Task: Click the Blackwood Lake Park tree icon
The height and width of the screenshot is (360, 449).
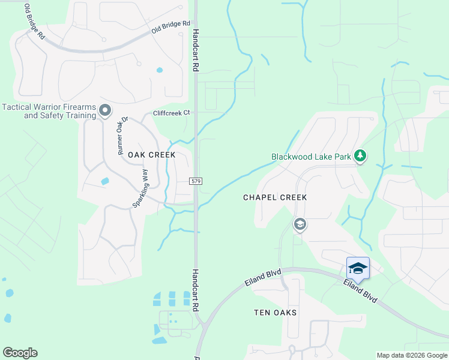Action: point(360,156)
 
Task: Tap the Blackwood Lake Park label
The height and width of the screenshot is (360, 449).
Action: point(311,157)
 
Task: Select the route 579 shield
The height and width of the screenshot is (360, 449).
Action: point(196,181)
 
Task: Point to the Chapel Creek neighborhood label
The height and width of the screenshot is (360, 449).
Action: point(275,197)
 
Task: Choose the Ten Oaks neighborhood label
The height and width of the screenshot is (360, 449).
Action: point(276,313)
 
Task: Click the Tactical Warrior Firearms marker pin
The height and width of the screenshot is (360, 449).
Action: point(105,110)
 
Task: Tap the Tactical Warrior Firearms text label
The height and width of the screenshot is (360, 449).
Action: point(49,111)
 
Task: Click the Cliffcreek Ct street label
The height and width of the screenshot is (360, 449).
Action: point(171,112)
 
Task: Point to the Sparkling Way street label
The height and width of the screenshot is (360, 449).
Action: point(140,188)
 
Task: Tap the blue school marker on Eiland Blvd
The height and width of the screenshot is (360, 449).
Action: point(358,268)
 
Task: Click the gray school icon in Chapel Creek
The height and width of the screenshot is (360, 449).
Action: point(300,224)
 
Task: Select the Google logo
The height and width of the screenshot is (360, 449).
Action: point(20,353)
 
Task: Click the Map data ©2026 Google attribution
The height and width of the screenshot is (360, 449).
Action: point(412,355)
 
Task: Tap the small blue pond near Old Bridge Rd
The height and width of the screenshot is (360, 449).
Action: point(160,70)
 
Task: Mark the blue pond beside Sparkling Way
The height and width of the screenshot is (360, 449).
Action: point(106,181)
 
